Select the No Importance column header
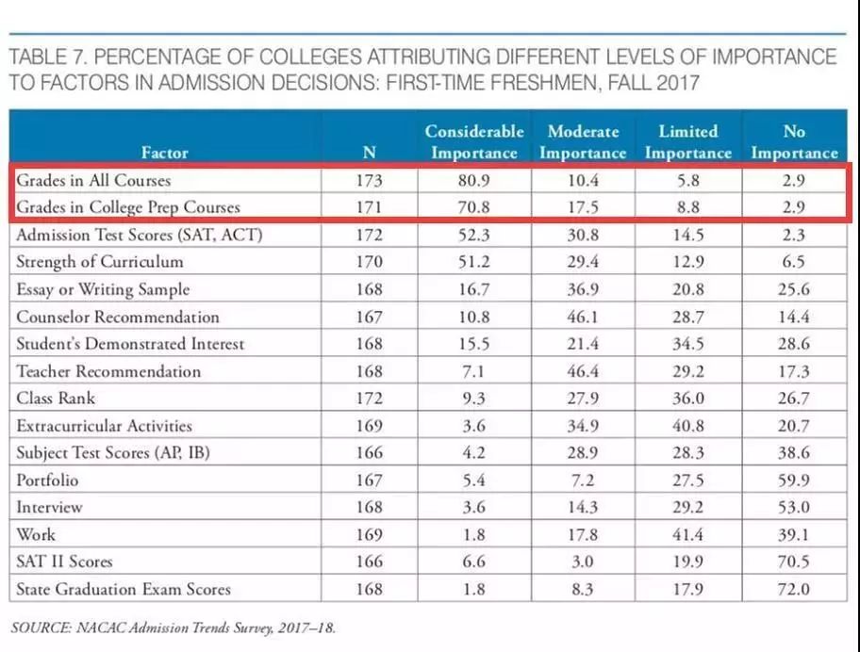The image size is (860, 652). point(794,141)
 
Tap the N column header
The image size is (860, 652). point(370,152)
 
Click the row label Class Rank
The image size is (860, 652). point(56,399)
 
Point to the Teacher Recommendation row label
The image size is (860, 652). point(108,371)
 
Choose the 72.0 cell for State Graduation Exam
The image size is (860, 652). point(794,590)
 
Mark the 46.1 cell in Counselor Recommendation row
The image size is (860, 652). point(584,317)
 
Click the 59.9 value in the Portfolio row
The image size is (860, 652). point(794,481)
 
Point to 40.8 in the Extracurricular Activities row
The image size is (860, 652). point(687,426)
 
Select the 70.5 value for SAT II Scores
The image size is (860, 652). point(794,562)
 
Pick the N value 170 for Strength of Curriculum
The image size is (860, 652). point(370,262)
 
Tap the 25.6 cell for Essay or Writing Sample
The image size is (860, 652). point(794,289)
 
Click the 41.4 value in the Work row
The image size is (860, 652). point(687,535)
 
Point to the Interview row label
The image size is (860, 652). point(49,508)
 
